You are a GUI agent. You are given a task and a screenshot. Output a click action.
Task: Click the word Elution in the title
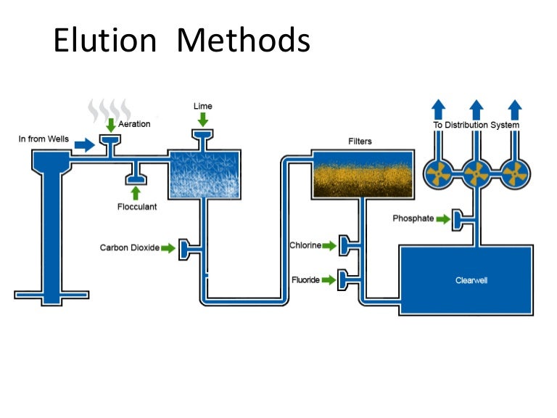[x=104, y=41]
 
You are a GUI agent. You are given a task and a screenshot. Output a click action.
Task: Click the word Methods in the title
[x=244, y=41]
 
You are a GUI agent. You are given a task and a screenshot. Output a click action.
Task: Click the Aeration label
[x=134, y=124]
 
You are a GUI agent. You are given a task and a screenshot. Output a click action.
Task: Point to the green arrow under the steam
[x=110, y=126]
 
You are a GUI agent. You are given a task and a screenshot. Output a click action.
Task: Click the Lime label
[x=203, y=106]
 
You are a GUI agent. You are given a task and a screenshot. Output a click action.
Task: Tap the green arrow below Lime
[x=202, y=119]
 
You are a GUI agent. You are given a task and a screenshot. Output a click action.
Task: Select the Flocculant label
[x=137, y=206]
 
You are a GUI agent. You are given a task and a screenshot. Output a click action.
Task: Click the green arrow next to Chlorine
[x=329, y=246]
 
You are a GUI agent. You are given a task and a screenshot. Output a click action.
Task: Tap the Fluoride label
[x=305, y=279]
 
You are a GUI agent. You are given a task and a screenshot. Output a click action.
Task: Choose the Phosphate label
[x=413, y=218]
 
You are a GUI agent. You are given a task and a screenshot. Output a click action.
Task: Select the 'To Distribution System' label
[x=476, y=125]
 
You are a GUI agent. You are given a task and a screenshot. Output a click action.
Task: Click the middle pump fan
[x=476, y=174]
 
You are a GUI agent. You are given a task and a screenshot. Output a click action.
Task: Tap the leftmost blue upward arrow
[x=439, y=109]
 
